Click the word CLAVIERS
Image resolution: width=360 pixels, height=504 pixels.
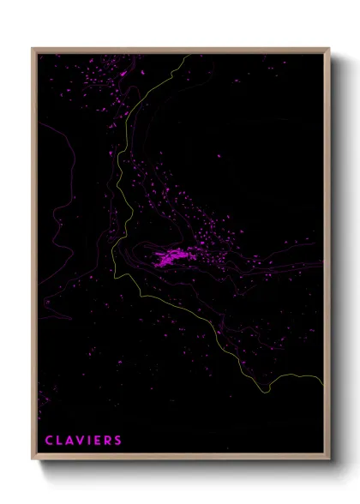tap(83, 441)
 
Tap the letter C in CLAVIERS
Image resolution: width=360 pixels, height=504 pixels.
tap(49, 441)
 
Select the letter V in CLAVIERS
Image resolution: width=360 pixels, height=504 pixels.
tap(81, 441)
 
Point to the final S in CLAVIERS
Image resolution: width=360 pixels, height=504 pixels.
tap(117, 441)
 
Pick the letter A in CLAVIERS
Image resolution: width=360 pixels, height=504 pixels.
tap(69, 441)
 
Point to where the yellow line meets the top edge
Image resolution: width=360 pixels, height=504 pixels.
tap(183, 55)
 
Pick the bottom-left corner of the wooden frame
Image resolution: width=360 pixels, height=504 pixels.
tap(33, 460)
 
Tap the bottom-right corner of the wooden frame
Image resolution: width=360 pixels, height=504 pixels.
tap(328, 460)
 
